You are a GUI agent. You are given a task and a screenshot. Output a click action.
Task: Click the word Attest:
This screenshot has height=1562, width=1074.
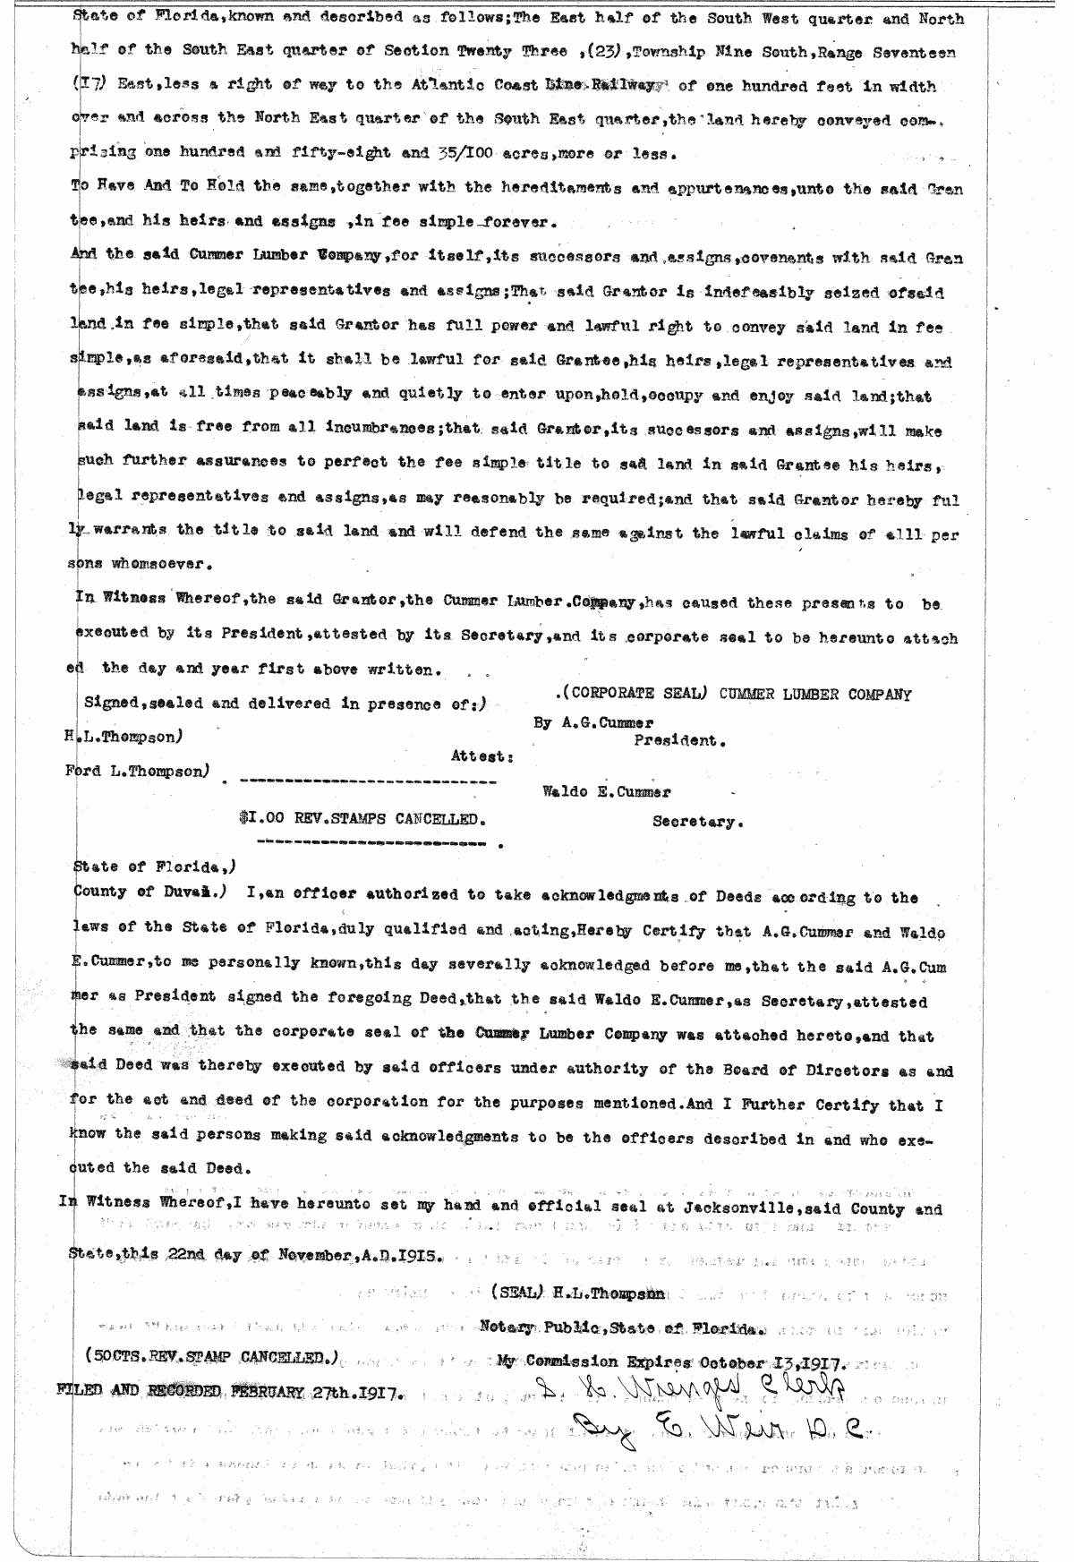(x=482, y=756)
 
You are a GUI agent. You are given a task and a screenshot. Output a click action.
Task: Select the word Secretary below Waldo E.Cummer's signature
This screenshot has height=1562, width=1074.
(x=697, y=822)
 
